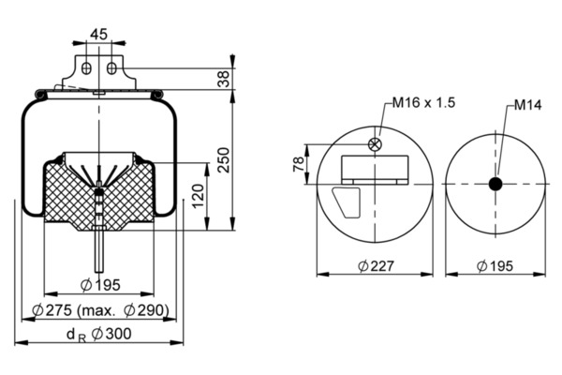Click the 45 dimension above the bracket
coord(97,34)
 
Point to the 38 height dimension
coord(223,80)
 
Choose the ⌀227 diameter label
coord(375,267)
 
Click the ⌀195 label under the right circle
coord(495,267)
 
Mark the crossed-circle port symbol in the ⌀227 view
coord(375,144)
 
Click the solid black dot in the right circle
coord(495,184)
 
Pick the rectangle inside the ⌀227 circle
coord(375,170)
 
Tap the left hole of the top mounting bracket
coord(85,68)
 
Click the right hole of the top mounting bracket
coord(111,68)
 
